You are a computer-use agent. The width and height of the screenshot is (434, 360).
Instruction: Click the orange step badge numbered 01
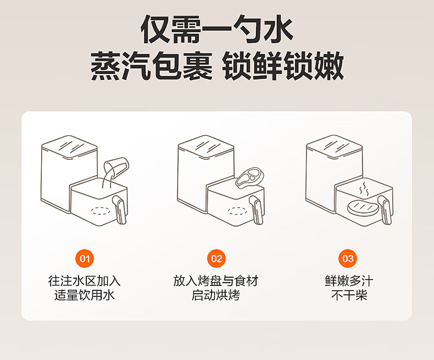[x=85, y=258]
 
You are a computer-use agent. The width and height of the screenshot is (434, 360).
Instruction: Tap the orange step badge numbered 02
[x=216, y=258]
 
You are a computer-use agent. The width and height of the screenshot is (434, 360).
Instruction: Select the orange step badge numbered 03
[x=348, y=258]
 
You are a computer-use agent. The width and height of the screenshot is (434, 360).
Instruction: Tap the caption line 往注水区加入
[x=85, y=281]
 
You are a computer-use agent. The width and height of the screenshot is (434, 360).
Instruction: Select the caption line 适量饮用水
[x=85, y=296]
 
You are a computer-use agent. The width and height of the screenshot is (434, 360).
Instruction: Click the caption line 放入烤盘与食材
[x=216, y=281]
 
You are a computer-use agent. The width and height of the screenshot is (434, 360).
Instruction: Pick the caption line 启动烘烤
[x=216, y=296]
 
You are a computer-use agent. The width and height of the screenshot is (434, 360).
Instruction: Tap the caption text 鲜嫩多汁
[x=348, y=281]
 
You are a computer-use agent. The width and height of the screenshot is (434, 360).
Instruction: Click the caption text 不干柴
[x=348, y=296]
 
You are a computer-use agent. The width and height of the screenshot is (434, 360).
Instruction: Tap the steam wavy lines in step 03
[x=363, y=189]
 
